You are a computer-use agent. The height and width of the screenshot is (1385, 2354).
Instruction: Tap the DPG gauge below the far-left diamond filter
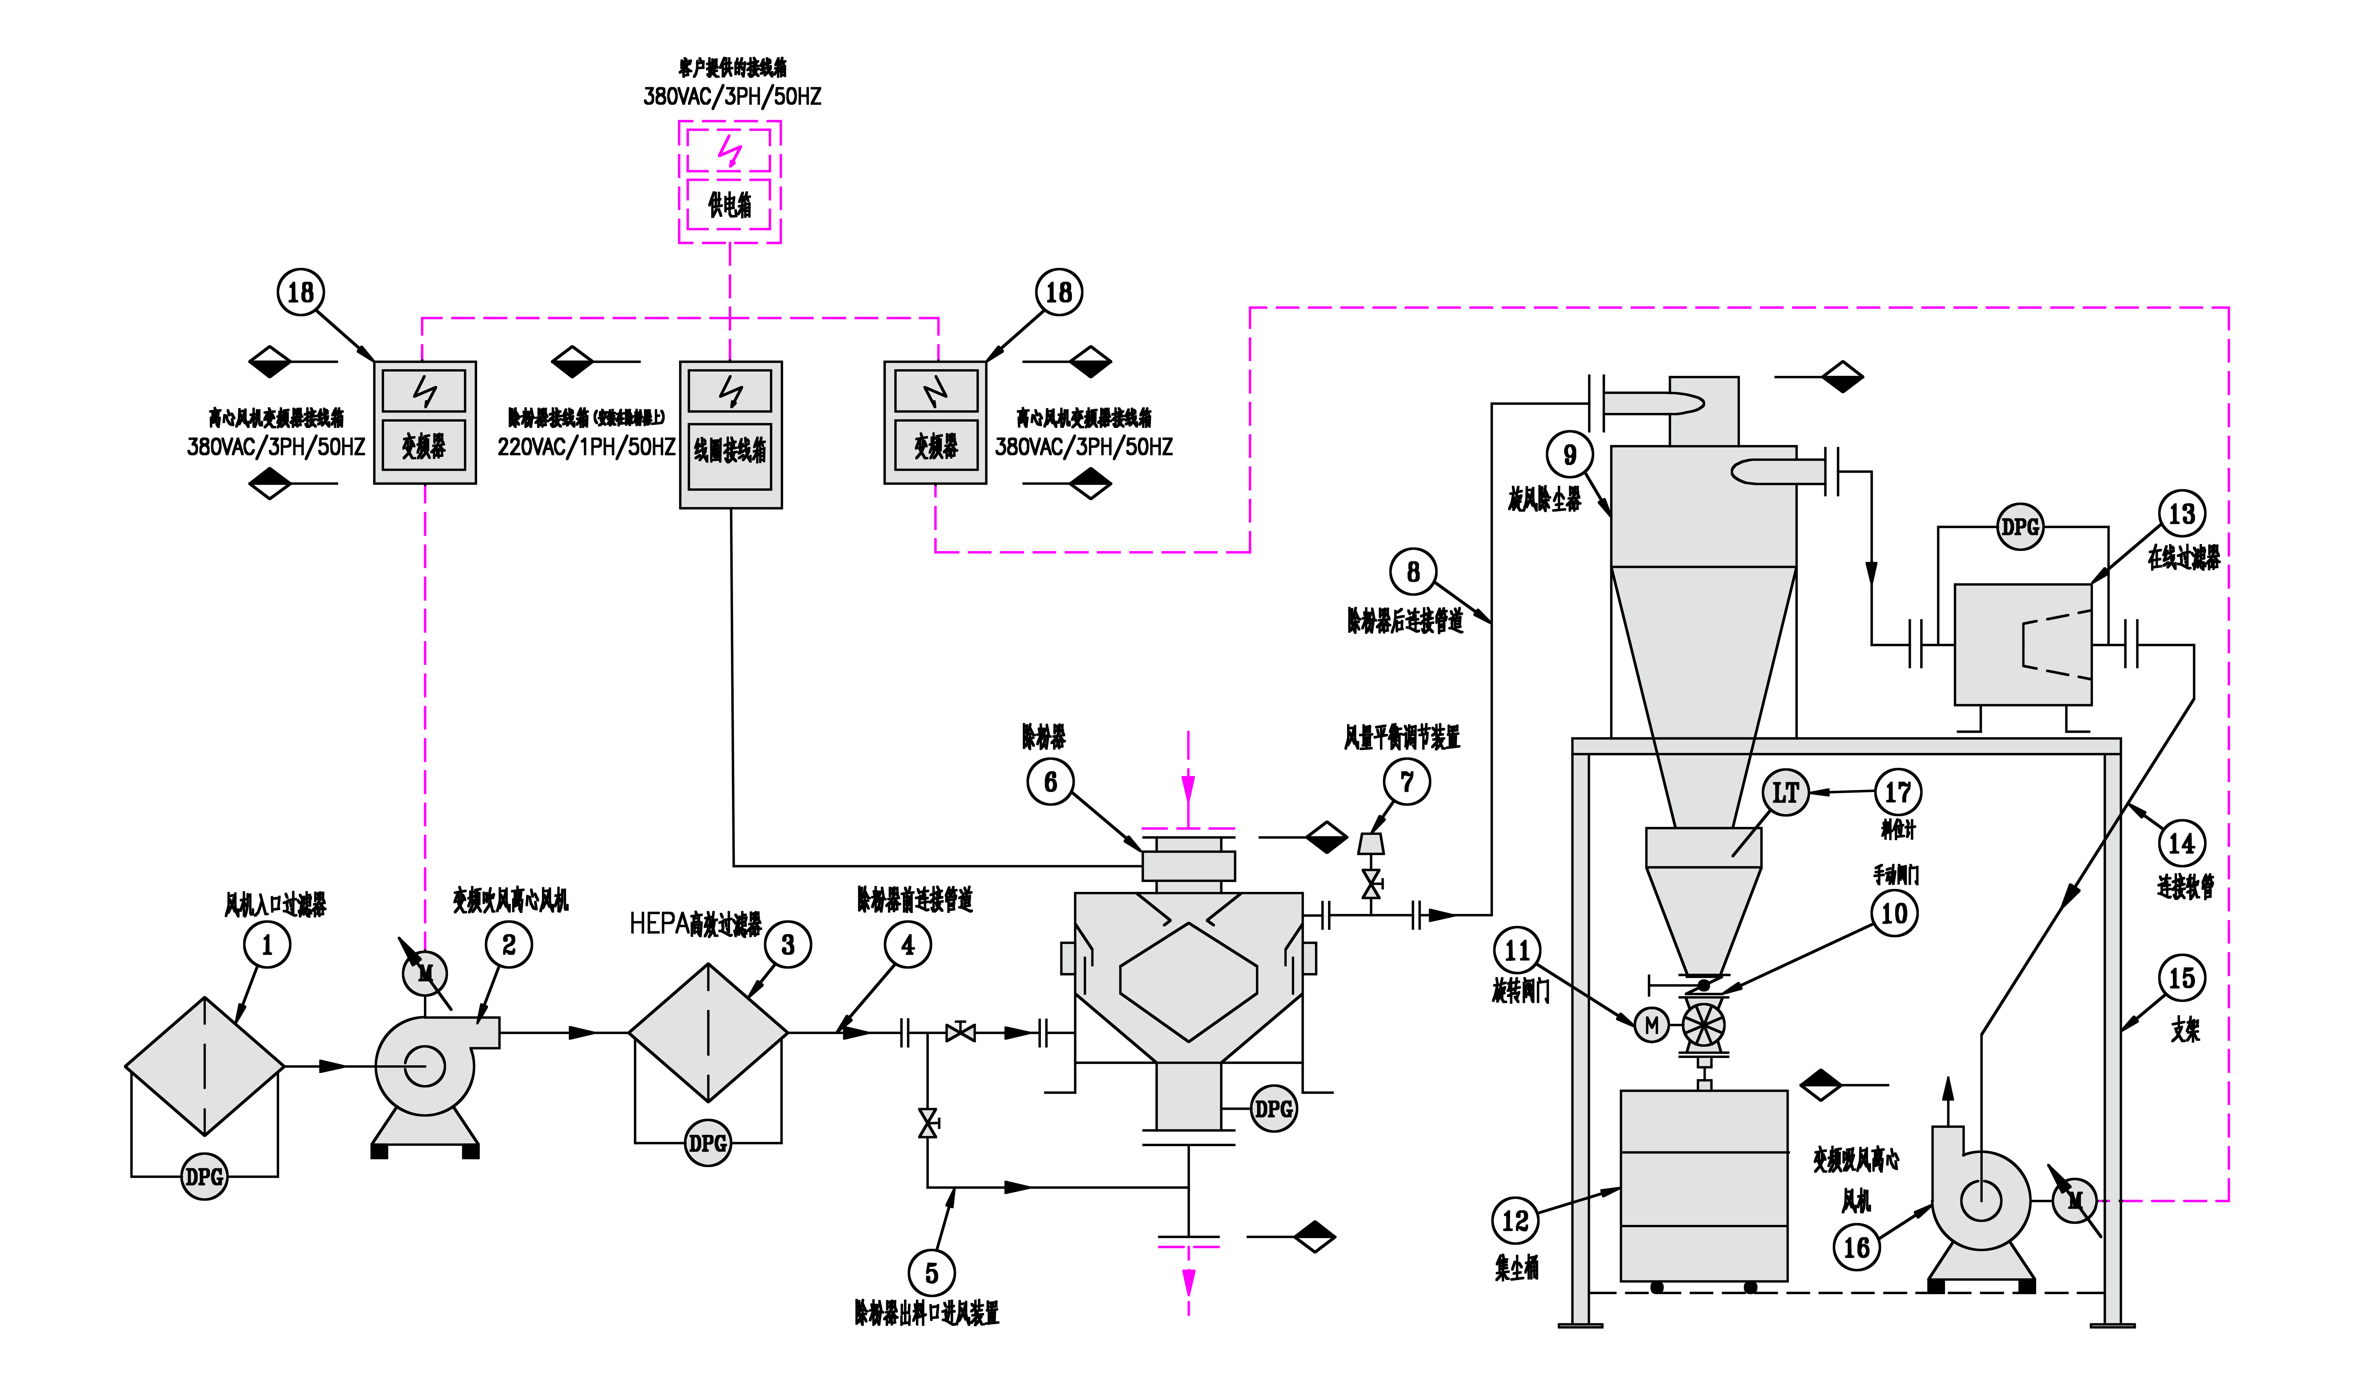coord(205,1177)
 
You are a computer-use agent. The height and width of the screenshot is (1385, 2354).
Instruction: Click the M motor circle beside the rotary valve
coord(1651,1025)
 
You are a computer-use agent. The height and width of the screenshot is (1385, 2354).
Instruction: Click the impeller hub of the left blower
coord(425,1066)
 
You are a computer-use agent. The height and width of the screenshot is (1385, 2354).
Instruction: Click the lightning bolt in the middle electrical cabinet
coord(731,392)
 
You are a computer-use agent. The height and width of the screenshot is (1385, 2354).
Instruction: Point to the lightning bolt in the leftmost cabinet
coord(425,392)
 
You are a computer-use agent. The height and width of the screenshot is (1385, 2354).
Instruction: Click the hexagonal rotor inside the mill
coord(1188,982)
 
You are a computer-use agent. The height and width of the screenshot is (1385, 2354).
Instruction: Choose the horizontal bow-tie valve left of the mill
coord(960,1033)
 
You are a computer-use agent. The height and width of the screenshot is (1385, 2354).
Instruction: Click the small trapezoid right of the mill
coord(1370,844)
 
